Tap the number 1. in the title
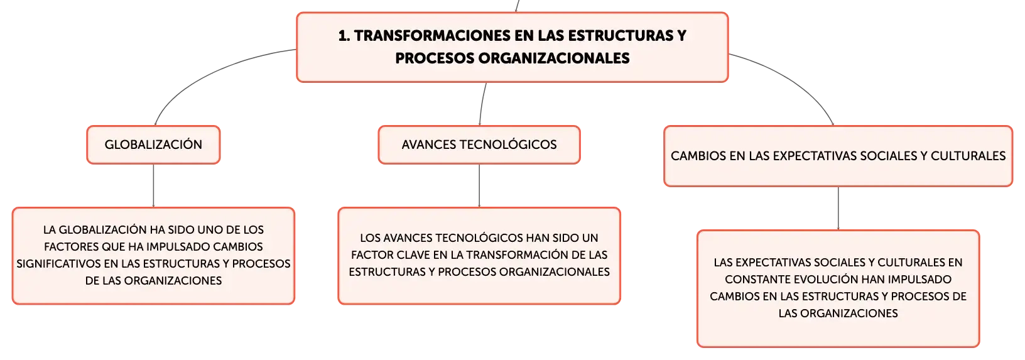click(x=344, y=36)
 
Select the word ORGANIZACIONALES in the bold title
click(x=554, y=58)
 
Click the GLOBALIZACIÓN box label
click(x=153, y=145)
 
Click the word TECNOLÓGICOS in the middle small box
click(x=508, y=145)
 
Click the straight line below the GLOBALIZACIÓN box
click(x=153, y=185)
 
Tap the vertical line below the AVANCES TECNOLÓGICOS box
click(x=479, y=185)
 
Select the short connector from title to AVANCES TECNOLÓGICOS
click(x=482, y=104)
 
